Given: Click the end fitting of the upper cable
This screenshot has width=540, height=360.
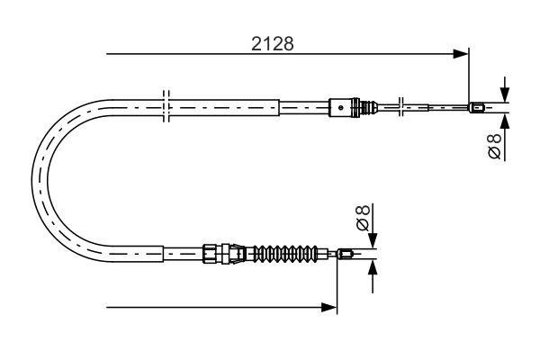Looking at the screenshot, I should (479, 109).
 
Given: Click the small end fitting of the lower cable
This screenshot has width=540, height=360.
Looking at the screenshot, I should (345, 255).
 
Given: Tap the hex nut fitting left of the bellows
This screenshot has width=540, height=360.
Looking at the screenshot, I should (212, 254).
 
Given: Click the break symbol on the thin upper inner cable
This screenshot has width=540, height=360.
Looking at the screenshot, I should (401, 107).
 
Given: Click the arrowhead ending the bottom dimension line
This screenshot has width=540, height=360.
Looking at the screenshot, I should (330, 308).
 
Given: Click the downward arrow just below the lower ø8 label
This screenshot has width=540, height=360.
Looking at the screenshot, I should (373, 239).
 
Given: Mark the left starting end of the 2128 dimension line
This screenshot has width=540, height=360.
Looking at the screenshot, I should (108, 55).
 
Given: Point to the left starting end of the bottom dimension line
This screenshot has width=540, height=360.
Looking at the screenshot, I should (108, 308).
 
